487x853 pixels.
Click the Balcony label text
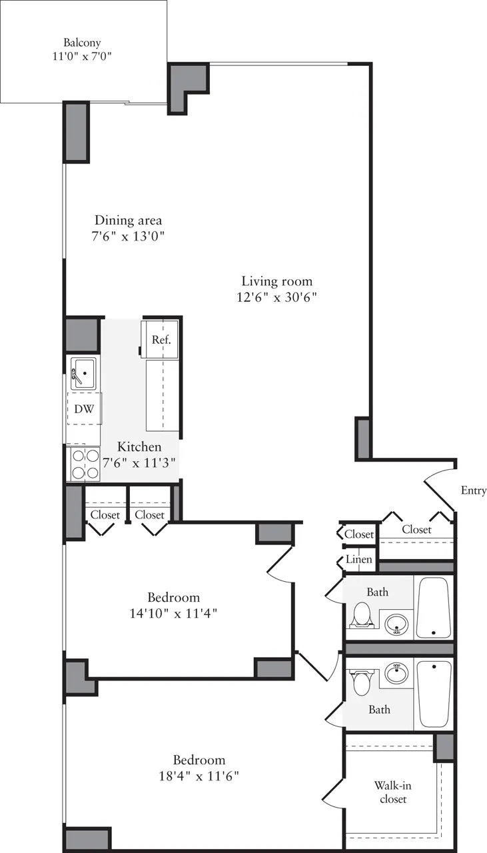(83, 43)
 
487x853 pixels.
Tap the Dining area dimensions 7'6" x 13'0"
(128, 236)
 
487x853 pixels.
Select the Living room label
(276, 281)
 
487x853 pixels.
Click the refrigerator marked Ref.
(161, 340)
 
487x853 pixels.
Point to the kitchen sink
(83, 372)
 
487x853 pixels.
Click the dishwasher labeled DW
(83, 409)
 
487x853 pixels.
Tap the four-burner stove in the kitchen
(84, 464)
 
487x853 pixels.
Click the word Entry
(474, 490)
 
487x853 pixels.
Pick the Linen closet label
(359, 560)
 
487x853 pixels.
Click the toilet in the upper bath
(362, 614)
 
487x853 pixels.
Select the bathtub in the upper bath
(434, 607)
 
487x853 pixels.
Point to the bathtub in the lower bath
(434, 693)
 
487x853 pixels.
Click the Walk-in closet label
(392, 792)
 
